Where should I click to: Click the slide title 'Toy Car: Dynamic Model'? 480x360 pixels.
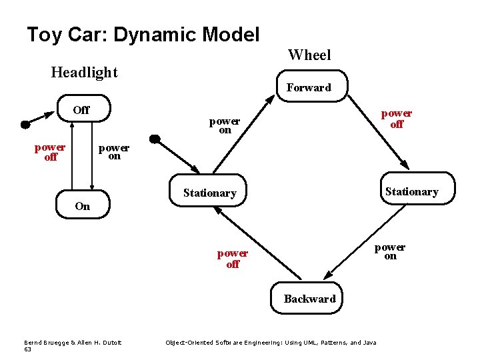coord(143,35)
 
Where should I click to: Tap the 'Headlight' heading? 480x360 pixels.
coord(84,72)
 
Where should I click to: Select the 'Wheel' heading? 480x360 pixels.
coord(309,55)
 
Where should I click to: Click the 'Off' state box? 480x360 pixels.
coord(81,111)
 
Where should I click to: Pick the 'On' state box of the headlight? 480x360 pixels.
coord(82,206)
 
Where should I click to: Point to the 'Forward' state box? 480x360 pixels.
coord(309,87)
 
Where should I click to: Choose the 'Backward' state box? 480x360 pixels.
coord(309,299)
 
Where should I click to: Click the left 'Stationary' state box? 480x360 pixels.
coord(209,193)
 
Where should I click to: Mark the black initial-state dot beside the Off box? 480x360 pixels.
coord(25,124)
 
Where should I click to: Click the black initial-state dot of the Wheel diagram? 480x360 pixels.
coord(154,139)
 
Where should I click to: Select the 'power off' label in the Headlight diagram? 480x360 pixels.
coord(50,152)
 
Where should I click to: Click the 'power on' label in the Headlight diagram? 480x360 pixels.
coord(114,152)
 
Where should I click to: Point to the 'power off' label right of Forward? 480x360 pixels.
coord(397,119)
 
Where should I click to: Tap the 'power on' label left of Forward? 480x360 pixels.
coord(225,126)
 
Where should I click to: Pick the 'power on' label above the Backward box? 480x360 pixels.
coord(390,251)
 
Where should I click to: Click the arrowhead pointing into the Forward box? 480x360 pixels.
coord(269,99)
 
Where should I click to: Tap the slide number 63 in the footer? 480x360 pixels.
coord(27,349)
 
